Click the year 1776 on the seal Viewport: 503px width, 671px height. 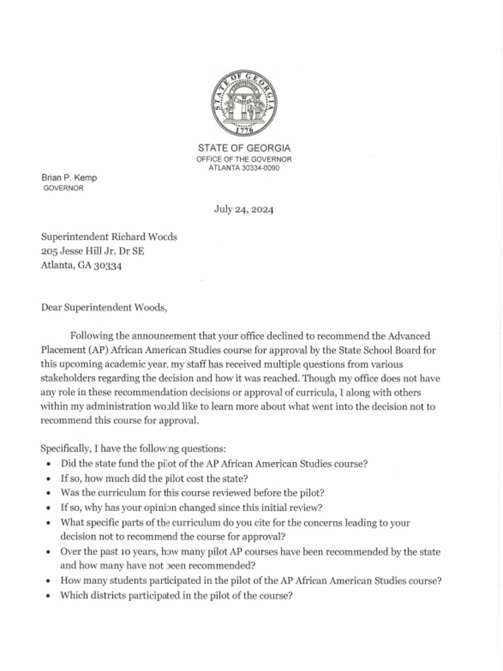[x=244, y=130]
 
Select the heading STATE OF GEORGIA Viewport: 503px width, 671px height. [x=244, y=148]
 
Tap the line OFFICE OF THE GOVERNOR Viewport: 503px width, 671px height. [x=244, y=159]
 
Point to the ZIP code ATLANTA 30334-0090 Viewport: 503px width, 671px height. [x=244, y=168]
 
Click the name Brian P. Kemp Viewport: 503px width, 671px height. [x=69, y=178]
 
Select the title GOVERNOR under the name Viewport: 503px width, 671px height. [x=63, y=188]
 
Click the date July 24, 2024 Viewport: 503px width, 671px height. [x=244, y=210]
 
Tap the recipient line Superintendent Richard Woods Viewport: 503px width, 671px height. [x=109, y=237]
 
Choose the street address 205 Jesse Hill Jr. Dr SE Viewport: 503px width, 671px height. [x=92, y=251]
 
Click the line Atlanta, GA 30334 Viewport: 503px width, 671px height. [x=81, y=265]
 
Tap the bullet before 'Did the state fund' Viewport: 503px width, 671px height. [x=50, y=464]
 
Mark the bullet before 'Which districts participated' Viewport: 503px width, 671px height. [x=50, y=596]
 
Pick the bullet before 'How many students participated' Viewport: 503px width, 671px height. [x=50, y=581]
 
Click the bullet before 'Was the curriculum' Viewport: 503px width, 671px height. [x=50, y=493]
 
